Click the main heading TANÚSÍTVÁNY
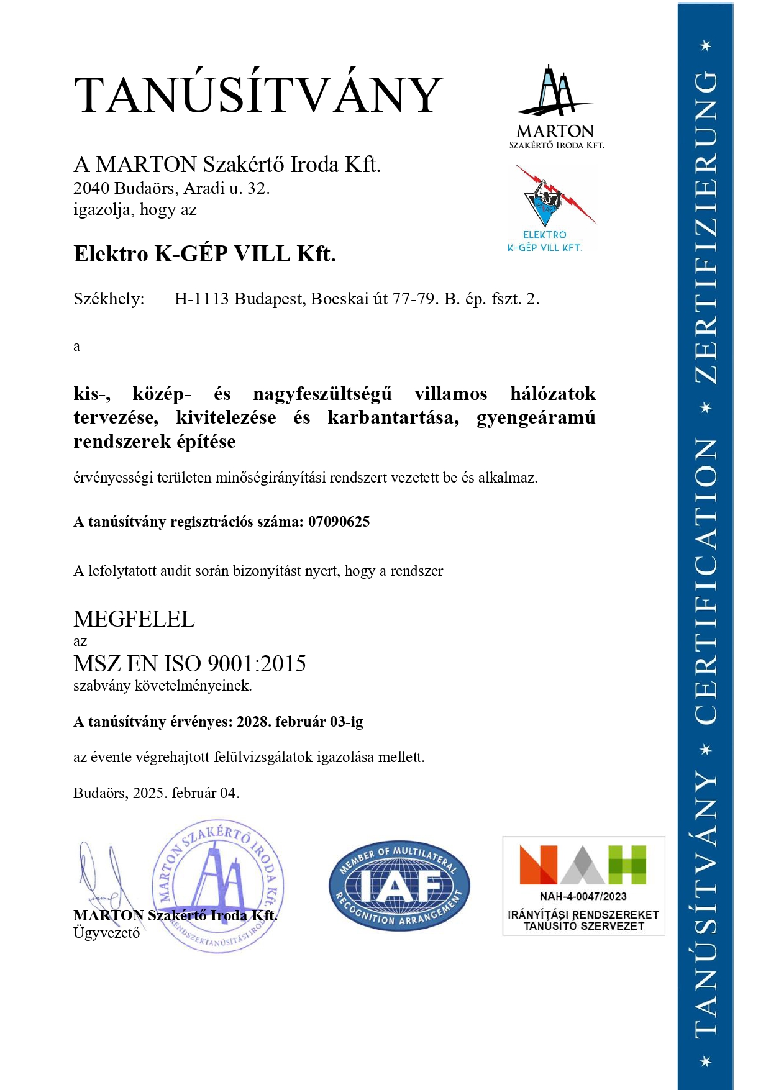(x=258, y=95)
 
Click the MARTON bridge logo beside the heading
(x=555, y=106)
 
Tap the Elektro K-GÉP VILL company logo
(x=550, y=207)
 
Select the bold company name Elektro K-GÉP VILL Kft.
(x=204, y=254)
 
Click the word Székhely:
(x=109, y=299)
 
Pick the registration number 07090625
(x=339, y=522)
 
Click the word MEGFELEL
(x=134, y=619)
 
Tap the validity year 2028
(x=253, y=722)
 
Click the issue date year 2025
(x=149, y=793)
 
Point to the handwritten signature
(x=103, y=876)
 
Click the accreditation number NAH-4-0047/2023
(x=583, y=896)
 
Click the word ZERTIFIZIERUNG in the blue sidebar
(x=705, y=227)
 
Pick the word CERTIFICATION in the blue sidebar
(x=705, y=581)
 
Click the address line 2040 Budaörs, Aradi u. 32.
(x=171, y=188)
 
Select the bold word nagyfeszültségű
(x=322, y=394)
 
